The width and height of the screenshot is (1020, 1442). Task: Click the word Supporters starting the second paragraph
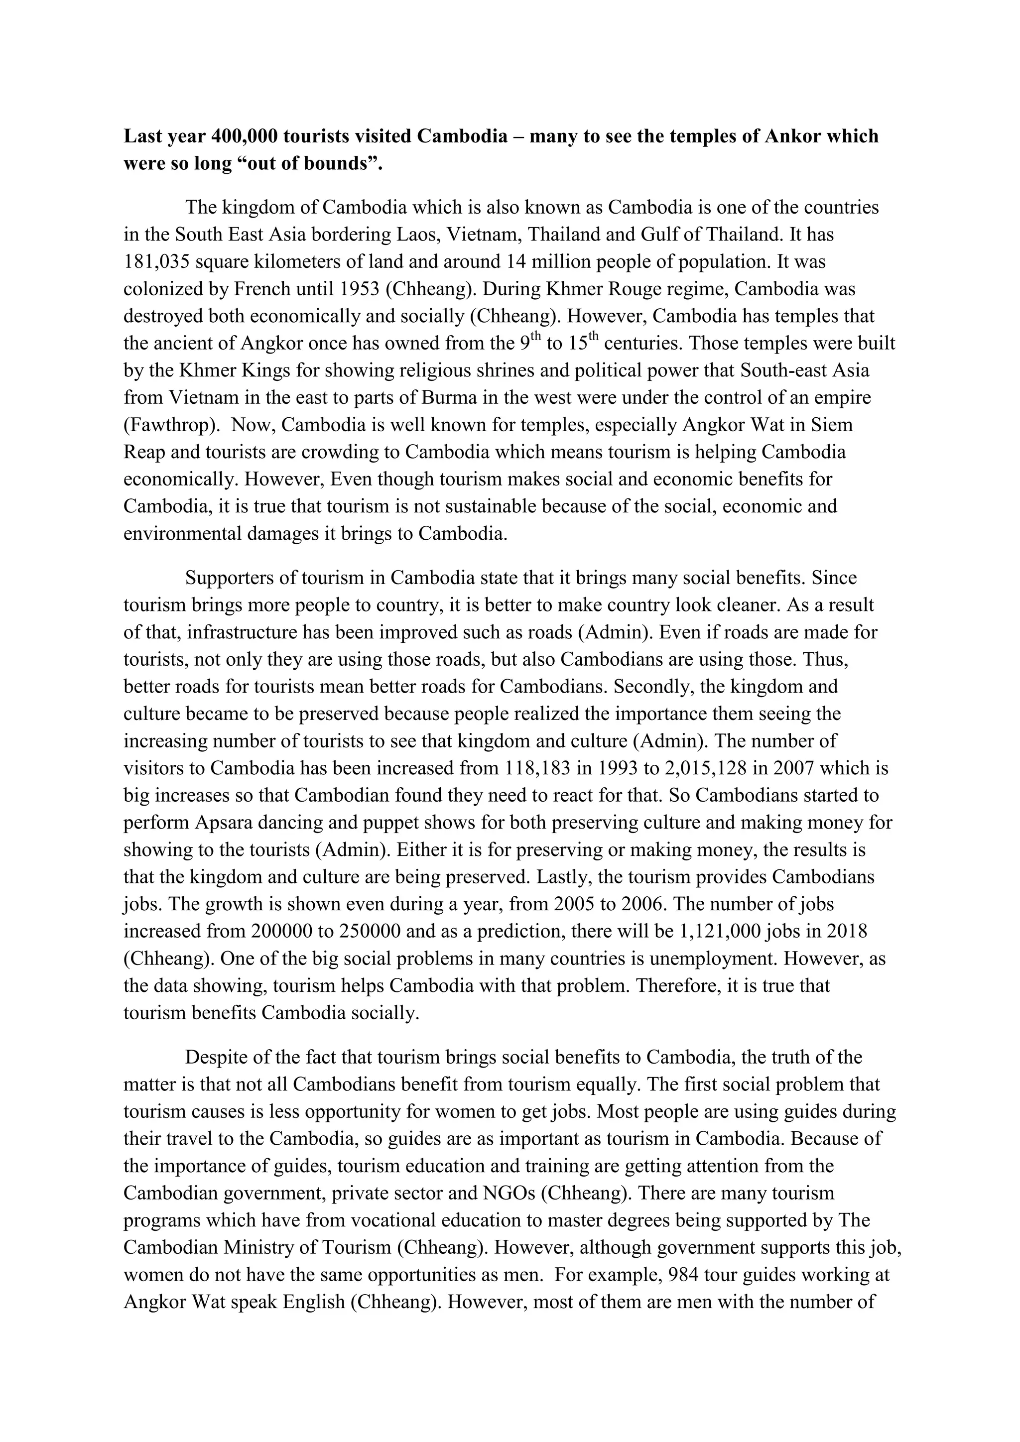click(x=231, y=578)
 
